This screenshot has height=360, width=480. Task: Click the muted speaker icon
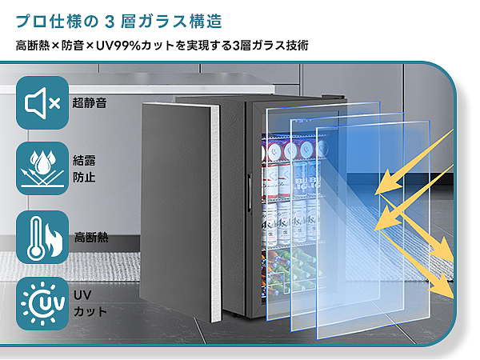pos(42,102)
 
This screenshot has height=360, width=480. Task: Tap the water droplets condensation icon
pos(42,168)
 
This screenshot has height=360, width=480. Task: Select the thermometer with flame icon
pos(42,237)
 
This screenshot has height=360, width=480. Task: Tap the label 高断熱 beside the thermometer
pos(90,238)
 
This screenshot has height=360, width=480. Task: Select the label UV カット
pos(84,303)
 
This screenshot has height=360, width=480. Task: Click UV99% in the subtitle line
pos(121,45)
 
